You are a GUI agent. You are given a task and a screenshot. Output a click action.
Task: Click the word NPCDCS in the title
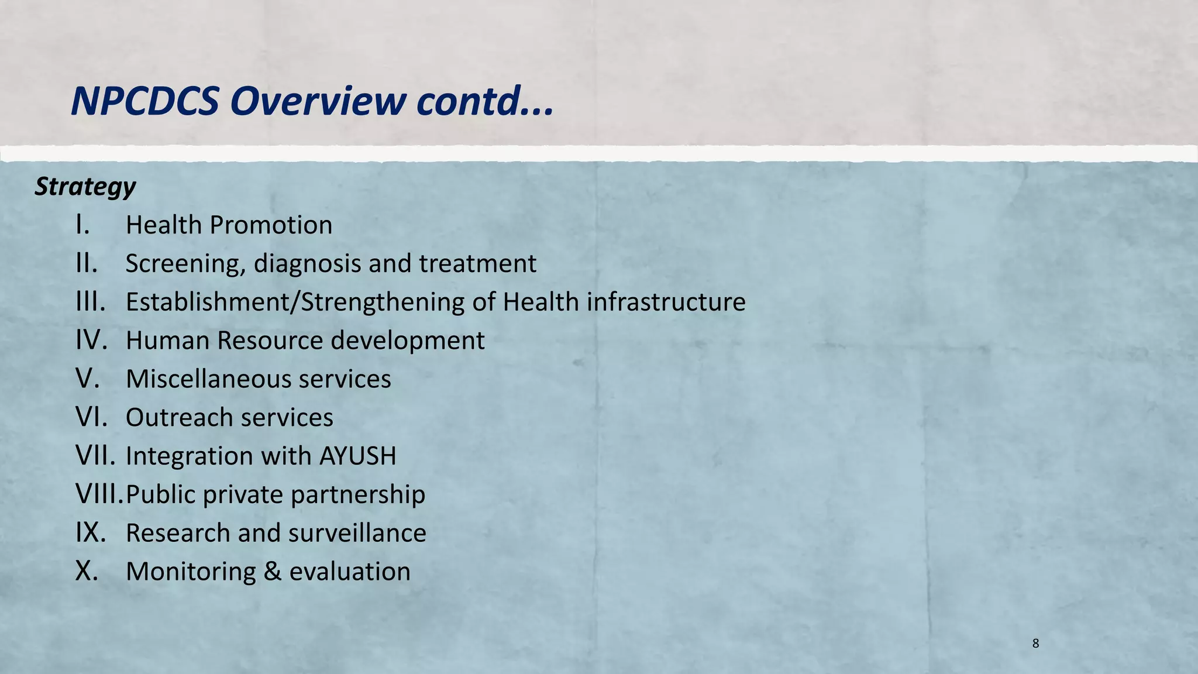tap(145, 101)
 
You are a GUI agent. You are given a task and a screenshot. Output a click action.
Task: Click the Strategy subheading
tap(85, 187)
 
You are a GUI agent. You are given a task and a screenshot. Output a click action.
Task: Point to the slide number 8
tap(1035, 644)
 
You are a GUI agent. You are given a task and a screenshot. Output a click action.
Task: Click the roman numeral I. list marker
tap(83, 225)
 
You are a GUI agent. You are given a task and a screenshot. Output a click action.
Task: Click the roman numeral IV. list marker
tap(91, 341)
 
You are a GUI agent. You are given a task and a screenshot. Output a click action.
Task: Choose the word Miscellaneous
tap(208, 379)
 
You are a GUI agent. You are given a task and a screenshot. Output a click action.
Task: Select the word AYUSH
tap(357, 456)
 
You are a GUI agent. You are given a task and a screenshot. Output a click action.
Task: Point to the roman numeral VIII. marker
tap(99, 494)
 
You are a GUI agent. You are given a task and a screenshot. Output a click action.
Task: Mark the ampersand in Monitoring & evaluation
tap(272, 572)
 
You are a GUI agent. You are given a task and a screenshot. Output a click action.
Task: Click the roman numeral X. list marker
tap(87, 572)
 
